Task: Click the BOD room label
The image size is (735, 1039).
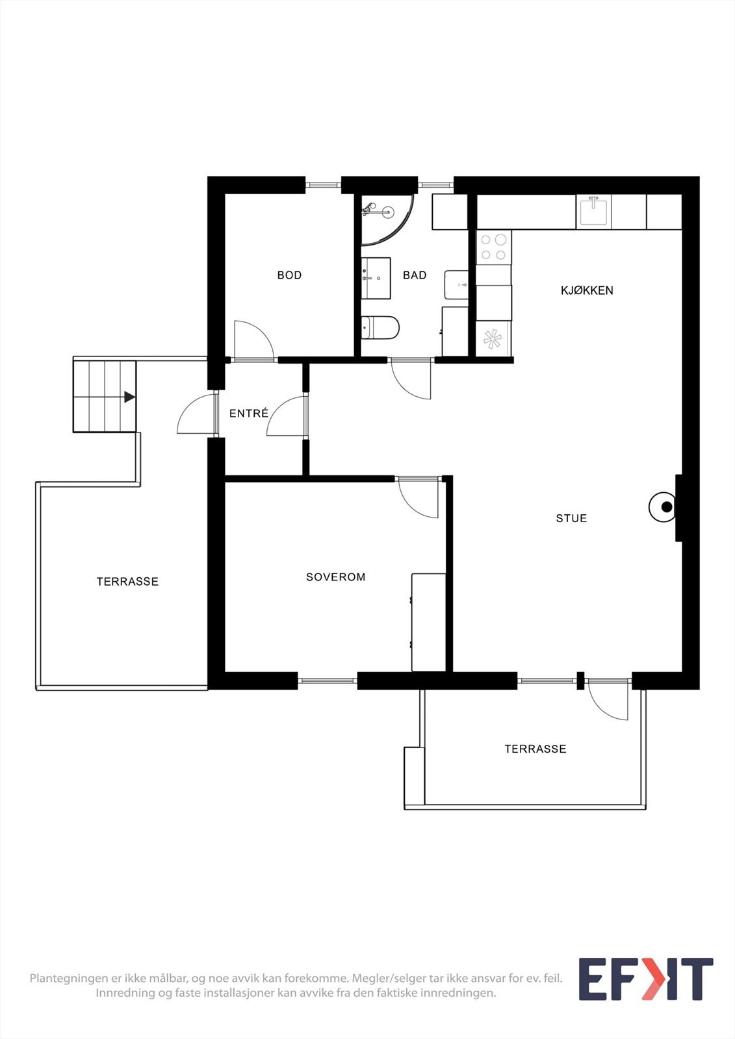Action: [x=289, y=275]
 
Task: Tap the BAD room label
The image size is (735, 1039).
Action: [x=415, y=275]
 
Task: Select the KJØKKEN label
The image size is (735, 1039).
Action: [x=587, y=290]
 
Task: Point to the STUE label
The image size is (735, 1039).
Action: [x=571, y=518]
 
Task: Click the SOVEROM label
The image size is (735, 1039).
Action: [x=335, y=577]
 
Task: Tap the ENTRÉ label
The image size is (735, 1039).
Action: [x=249, y=413]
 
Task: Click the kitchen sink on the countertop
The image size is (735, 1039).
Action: [x=593, y=212]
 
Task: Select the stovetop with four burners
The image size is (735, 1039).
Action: [x=493, y=247]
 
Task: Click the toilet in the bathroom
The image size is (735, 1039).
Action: [x=380, y=328]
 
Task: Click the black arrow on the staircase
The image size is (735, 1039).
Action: [x=129, y=397]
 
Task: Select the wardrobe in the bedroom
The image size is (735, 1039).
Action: [x=428, y=622]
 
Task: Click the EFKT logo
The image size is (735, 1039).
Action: [x=645, y=979]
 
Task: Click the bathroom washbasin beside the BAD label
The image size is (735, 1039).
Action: [x=376, y=278]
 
